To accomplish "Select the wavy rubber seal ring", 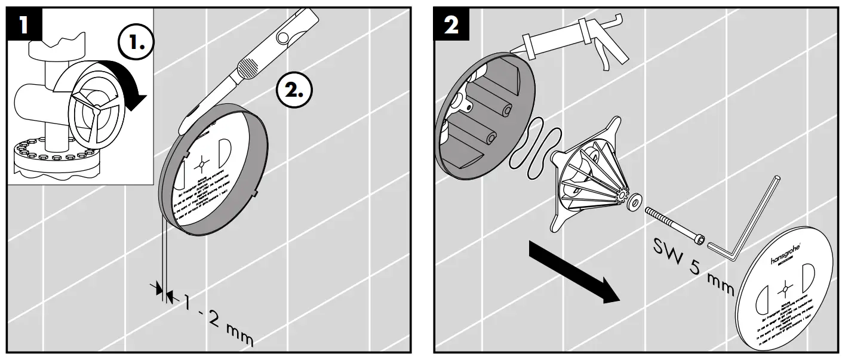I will point(534,149).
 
